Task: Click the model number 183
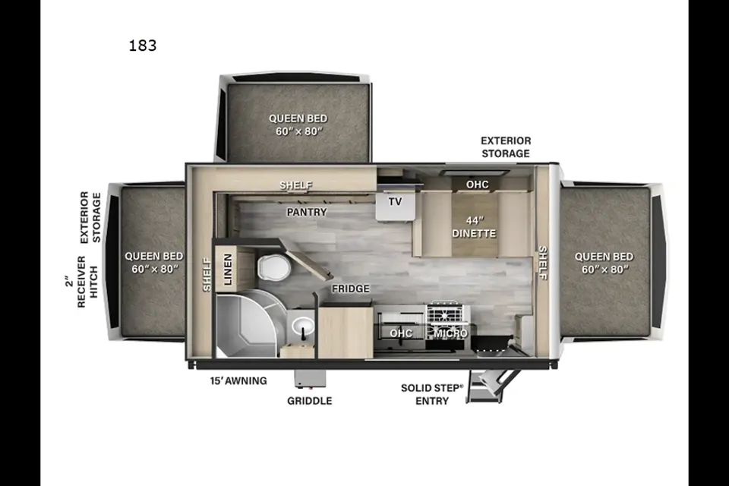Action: point(143,46)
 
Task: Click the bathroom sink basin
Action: point(303,326)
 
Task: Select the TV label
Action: point(395,201)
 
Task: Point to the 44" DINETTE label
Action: point(474,227)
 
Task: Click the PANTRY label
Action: point(307,212)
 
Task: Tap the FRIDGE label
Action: point(351,289)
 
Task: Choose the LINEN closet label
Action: point(228,270)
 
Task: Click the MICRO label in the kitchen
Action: point(450,333)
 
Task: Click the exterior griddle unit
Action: point(310,379)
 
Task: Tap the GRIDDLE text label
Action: point(310,401)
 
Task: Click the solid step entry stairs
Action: point(491,385)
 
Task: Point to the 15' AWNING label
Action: point(238,380)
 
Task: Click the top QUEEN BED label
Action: point(298,125)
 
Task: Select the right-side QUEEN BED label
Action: point(604,263)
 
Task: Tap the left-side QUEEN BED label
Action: point(154,262)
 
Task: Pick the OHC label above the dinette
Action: point(478,185)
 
